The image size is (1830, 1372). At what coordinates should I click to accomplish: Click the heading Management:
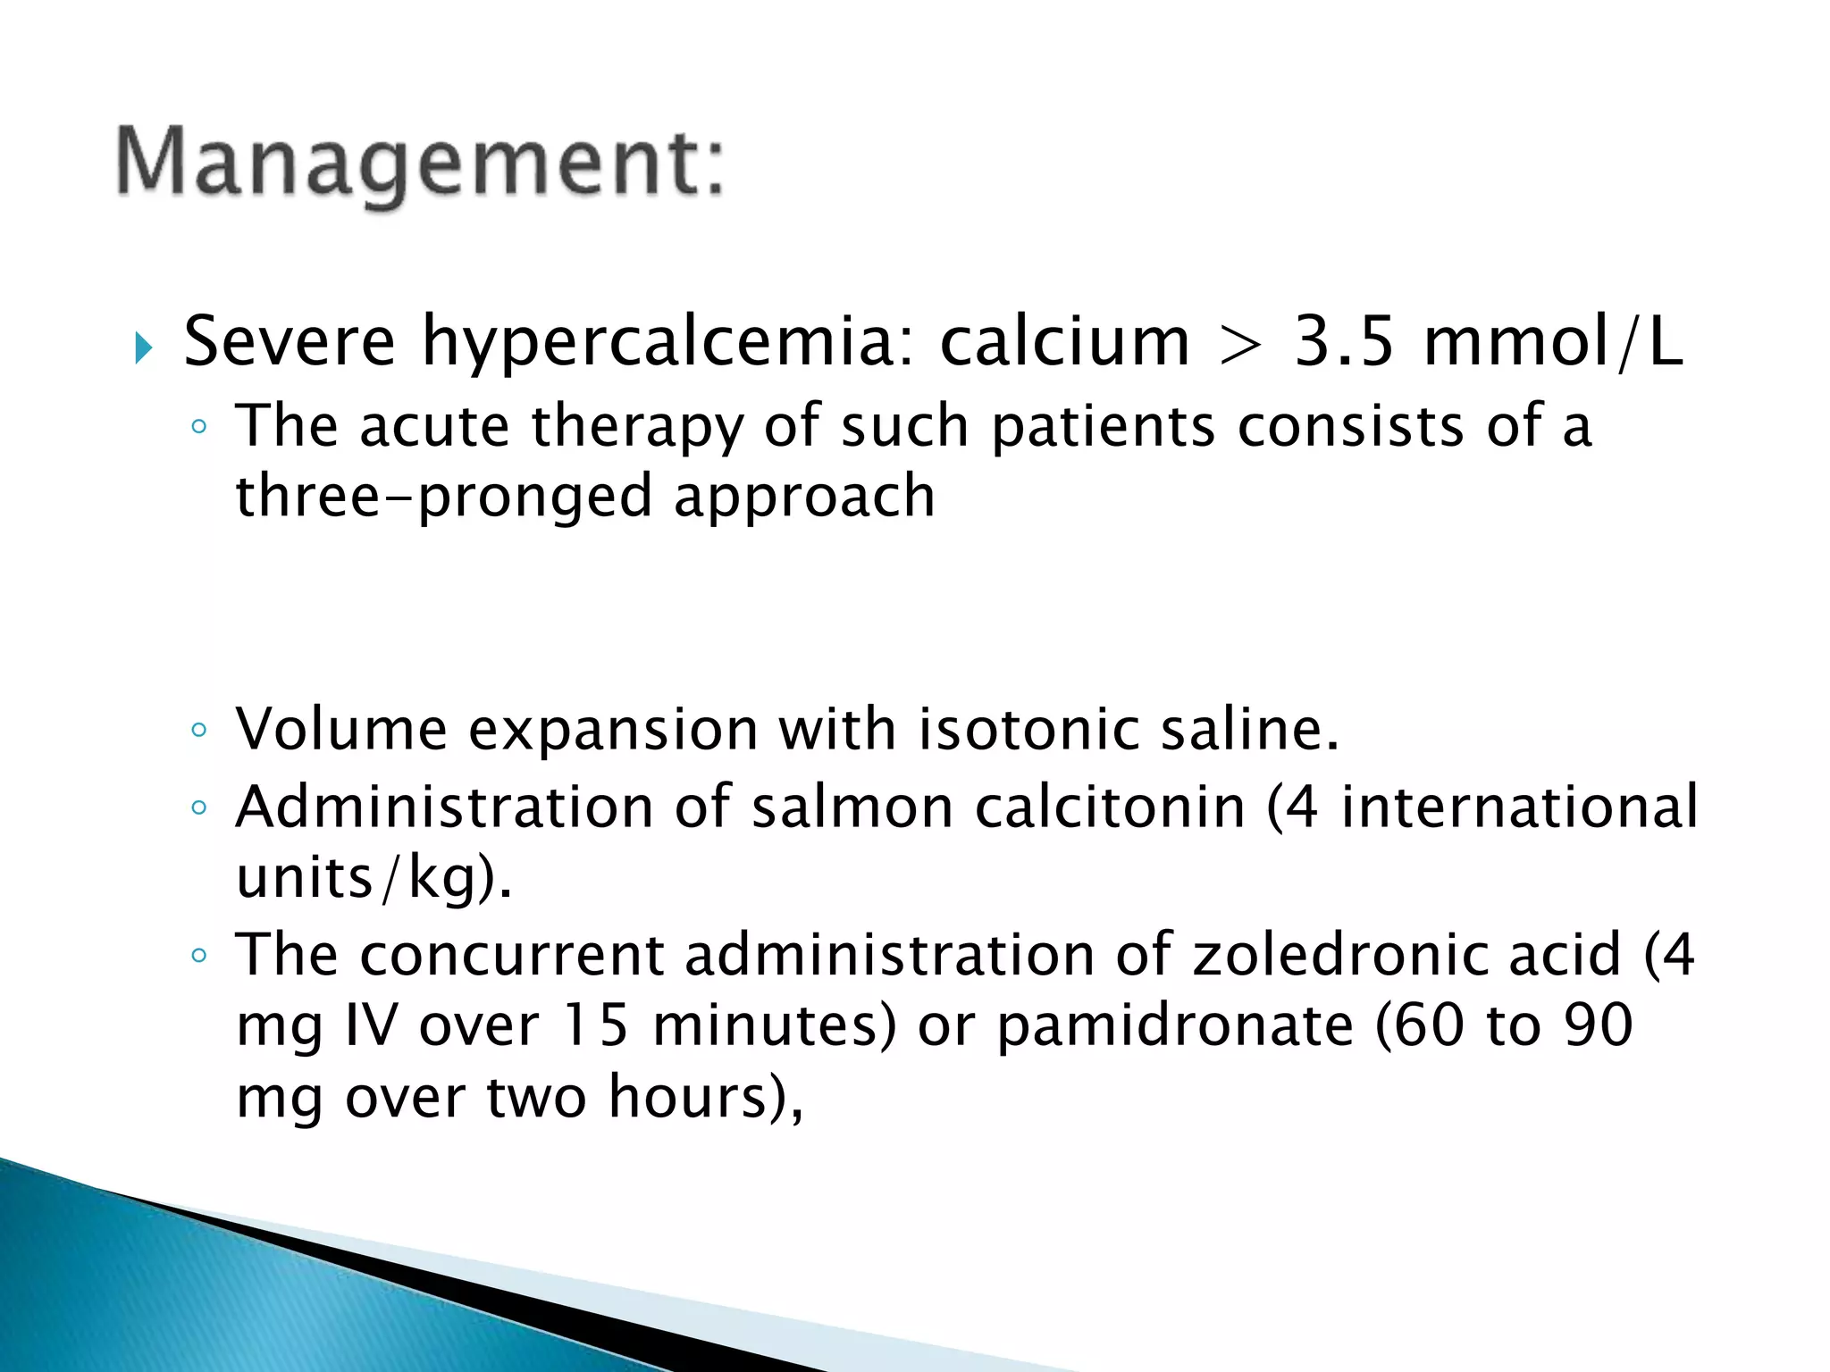point(420,163)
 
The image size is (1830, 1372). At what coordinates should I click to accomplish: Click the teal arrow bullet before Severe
point(143,347)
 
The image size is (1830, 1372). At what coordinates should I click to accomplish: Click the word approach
point(804,497)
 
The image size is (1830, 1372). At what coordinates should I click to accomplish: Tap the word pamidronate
point(1174,1025)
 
